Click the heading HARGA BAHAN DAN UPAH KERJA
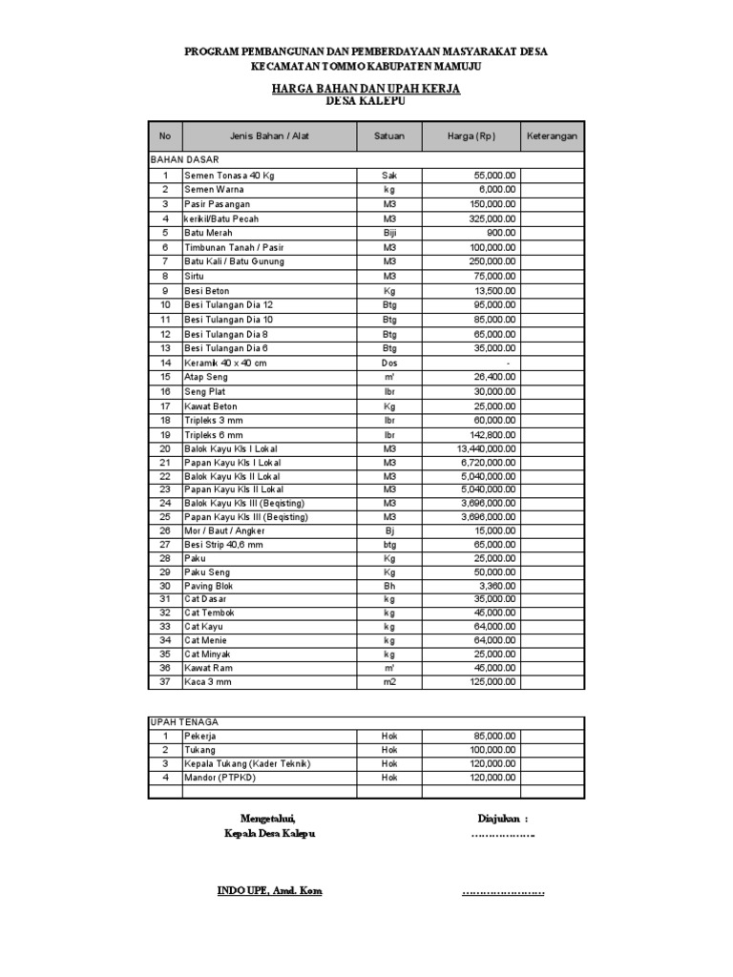366,88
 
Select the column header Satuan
388,136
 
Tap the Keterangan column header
553,136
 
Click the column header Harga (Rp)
471,136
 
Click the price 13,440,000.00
487,448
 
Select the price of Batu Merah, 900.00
501,233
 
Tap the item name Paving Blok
208,586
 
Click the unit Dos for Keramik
388,364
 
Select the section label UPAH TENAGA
179,722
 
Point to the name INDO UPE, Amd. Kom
270,891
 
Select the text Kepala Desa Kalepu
269,833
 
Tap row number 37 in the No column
165,682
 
